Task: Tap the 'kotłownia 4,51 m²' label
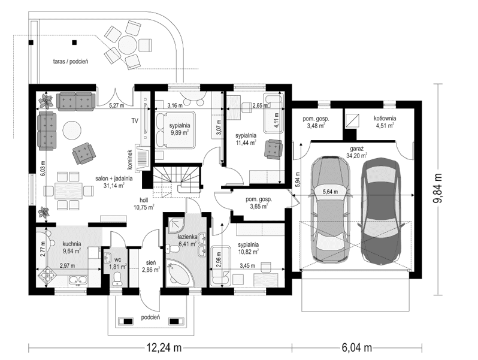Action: point(385,122)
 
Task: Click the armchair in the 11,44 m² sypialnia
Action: point(274,147)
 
